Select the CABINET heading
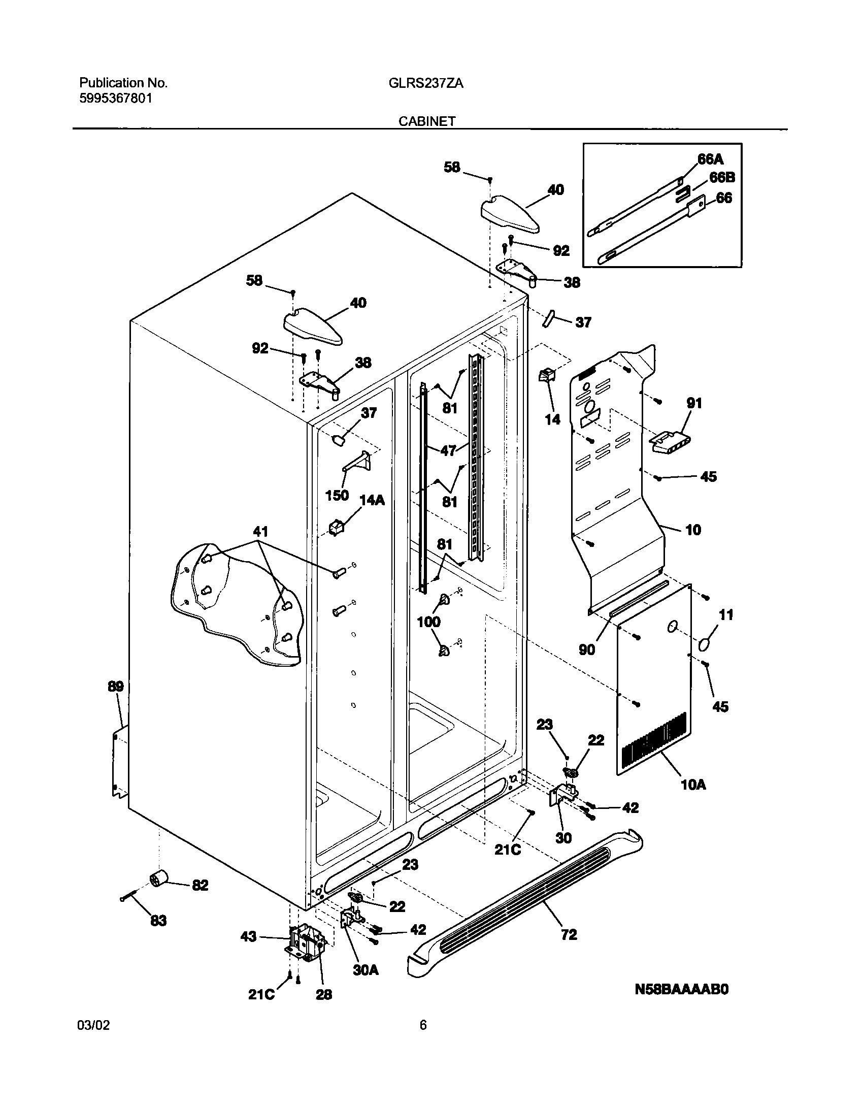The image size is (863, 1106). pos(427,121)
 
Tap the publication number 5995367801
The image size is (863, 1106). pos(115,99)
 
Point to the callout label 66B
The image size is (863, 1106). pos(721,178)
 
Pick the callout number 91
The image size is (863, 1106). pos(694,403)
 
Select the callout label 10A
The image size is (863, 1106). pos(693,785)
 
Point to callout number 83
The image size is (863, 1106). pos(158,921)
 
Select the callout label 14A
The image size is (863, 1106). pos(372,500)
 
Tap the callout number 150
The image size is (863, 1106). pos(337,495)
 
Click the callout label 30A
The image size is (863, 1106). pos(366,970)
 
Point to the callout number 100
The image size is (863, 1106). pos(428,622)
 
